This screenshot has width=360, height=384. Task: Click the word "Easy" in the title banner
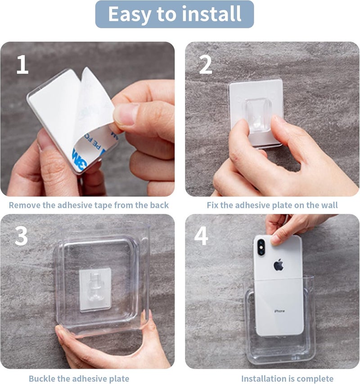point(129,14)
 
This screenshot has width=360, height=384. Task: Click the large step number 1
point(22,64)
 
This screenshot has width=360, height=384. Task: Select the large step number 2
point(206,64)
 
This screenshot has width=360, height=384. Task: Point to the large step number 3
point(21,236)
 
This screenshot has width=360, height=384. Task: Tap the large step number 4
point(201,236)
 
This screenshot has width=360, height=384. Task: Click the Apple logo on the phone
point(279,265)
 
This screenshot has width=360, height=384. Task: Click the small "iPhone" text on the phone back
point(279,311)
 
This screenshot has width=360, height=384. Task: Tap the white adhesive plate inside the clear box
point(95,289)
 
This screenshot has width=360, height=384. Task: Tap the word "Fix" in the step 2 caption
point(212,205)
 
